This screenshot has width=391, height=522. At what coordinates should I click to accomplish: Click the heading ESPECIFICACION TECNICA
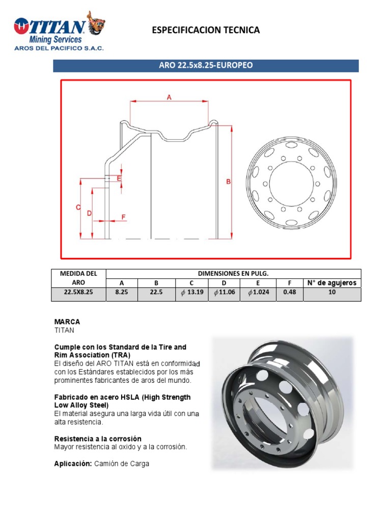(x=206, y=30)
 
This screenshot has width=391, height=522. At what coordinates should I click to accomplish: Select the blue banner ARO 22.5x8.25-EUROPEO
(x=206, y=66)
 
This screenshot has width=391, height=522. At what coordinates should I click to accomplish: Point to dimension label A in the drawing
(x=169, y=97)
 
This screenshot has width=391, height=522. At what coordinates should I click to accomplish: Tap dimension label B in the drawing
(x=229, y=181)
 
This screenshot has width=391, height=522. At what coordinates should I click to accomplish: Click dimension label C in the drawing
(x=78, y=207)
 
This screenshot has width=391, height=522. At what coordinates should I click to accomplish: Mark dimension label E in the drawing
(x=119, y=178)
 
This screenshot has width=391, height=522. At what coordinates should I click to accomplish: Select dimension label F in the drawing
(x=123, y=217)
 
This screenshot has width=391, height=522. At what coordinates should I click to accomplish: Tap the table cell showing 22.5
(x=157, y=293)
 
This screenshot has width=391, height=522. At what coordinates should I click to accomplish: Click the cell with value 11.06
(x=225, y=293)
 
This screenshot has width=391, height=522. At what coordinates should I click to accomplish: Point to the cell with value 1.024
(x=259, y=293)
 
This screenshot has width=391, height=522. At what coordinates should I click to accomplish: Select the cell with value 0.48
(x=289, y=293)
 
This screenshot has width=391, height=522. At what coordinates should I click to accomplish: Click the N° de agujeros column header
(x=331, y=283)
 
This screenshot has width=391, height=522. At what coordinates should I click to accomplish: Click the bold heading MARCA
(x=67, y=322)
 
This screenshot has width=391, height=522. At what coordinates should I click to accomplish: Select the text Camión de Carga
(x=122, y=464)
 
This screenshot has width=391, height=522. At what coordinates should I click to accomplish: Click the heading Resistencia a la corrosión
(x=98, y=438)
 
